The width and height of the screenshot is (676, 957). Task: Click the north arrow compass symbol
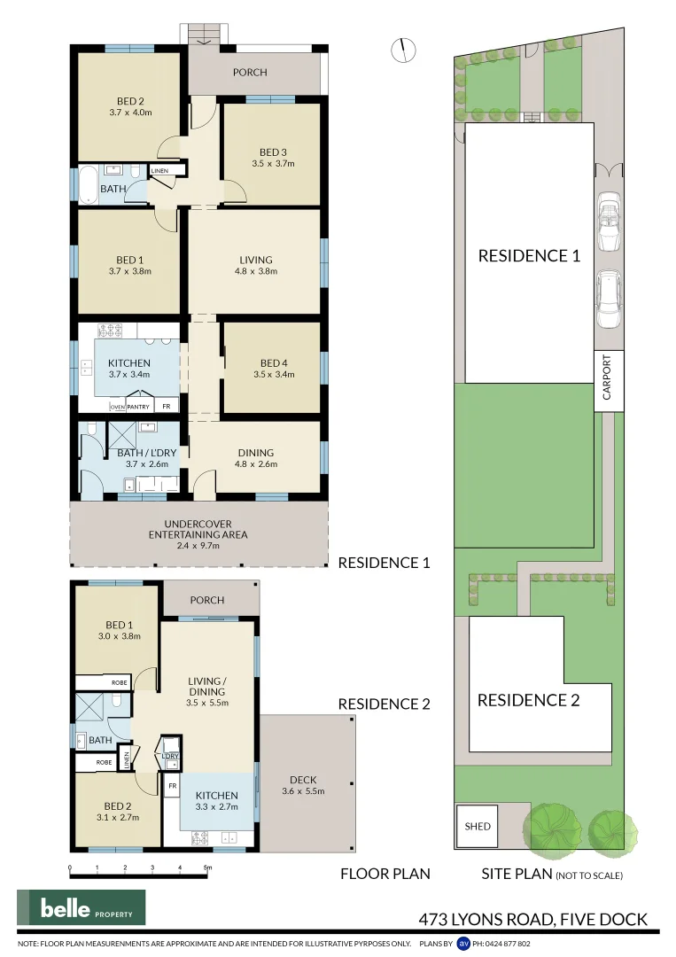pos(403,51)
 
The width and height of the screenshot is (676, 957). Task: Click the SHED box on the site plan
pos(478,826)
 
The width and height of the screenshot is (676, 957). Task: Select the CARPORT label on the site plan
pos(607,379)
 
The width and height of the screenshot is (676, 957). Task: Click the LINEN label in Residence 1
pos(159,170)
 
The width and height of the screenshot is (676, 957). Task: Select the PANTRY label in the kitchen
pos(137,407)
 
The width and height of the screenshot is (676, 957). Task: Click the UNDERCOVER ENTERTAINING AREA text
pos(198,534)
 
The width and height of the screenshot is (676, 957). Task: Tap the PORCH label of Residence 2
pos(207,600)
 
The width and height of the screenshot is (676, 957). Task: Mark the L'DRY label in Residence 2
pos(170,756)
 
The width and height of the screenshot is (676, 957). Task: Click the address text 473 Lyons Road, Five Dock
pos(532,919)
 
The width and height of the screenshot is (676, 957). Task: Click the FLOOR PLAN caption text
pos(385,874)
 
